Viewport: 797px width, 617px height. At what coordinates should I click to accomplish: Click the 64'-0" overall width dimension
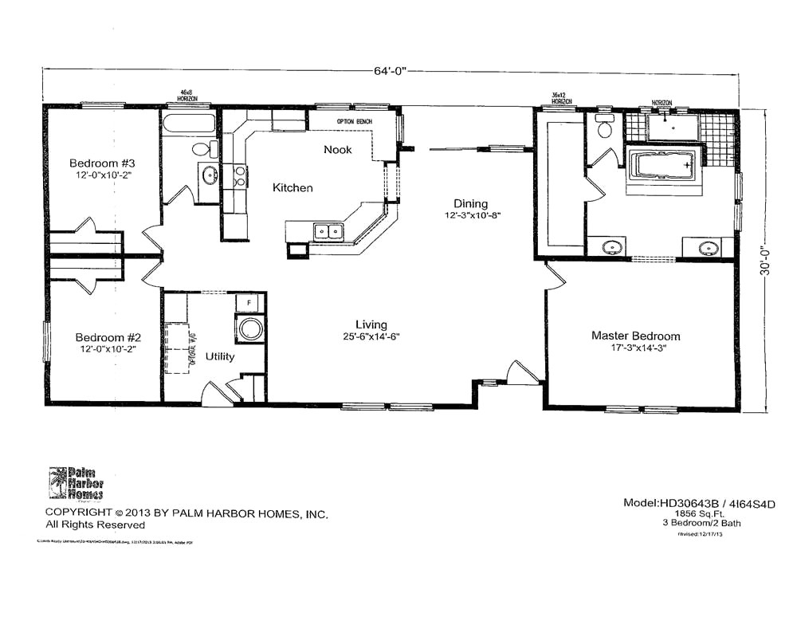pyautogui.click(x=390, y=70)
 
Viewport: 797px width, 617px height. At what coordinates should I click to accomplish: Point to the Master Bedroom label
pyautogui.click(x=635, y=336)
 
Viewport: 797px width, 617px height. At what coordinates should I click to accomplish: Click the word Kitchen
pyautogui.click(x=292, y=188)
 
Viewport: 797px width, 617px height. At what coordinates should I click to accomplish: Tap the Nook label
pyautogui.click(x=337, y=150)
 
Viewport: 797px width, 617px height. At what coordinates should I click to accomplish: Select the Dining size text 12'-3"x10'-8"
pyautogui.click(x=473, y=215)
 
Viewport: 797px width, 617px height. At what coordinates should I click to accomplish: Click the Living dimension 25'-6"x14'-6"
pyautogui.click(x=371, y=336)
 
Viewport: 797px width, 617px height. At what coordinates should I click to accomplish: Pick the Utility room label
pyautogui.click(x=219, y=356)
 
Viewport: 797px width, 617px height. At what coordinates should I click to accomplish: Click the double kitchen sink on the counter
pyautogui.click(x=328, y=232)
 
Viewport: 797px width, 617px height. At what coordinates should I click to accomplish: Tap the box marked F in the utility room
pyautogui.click(x=249, y=304)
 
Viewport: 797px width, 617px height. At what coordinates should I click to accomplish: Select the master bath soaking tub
pyautogui.click(x=664, y=166)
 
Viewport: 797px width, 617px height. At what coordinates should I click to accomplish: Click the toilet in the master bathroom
pyautogui.click(x=604, y=128)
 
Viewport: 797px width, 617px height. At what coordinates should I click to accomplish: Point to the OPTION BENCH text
pyautogui.click(x=355, y=122)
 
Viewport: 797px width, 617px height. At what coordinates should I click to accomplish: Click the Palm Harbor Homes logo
pyautogui.click(x=76, y=483)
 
